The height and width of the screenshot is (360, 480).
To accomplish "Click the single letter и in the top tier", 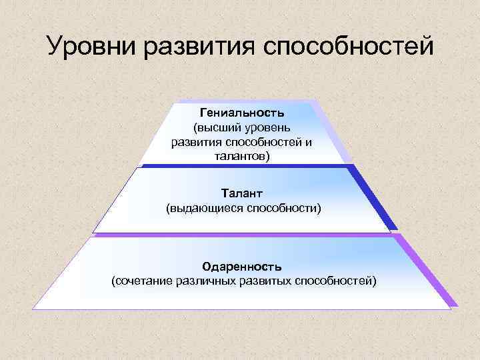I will (309, 142).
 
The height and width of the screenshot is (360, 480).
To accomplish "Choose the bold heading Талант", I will (243, 193).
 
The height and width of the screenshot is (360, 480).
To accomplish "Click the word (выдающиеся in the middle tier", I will (205, 209).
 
